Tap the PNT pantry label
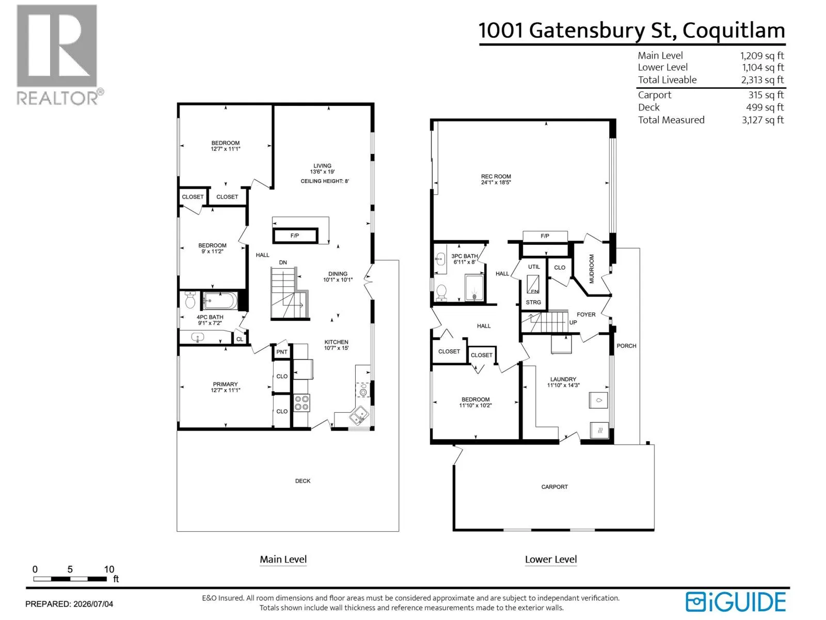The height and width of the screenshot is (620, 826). click(281, 352)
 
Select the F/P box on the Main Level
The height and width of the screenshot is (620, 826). click(295, 236)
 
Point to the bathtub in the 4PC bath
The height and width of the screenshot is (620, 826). click(220, 300)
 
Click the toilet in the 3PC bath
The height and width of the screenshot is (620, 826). click(441, 292)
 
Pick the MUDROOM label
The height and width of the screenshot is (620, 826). click(591, 269)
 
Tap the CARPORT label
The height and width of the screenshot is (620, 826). click(554, 487)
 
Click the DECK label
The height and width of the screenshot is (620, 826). click(303, 481)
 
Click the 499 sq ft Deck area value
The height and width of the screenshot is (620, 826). click(765, 107)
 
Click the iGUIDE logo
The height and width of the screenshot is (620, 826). click(735, 601)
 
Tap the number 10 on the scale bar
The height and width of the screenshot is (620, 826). click(109, 569)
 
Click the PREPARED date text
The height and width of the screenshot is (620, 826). click(69, 604)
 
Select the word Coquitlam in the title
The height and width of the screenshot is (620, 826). click(734, 31)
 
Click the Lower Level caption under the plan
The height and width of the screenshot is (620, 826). click(550, 560)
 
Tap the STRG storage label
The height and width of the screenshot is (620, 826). click(533, 302)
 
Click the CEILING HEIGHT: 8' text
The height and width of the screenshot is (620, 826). click(325, 181)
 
